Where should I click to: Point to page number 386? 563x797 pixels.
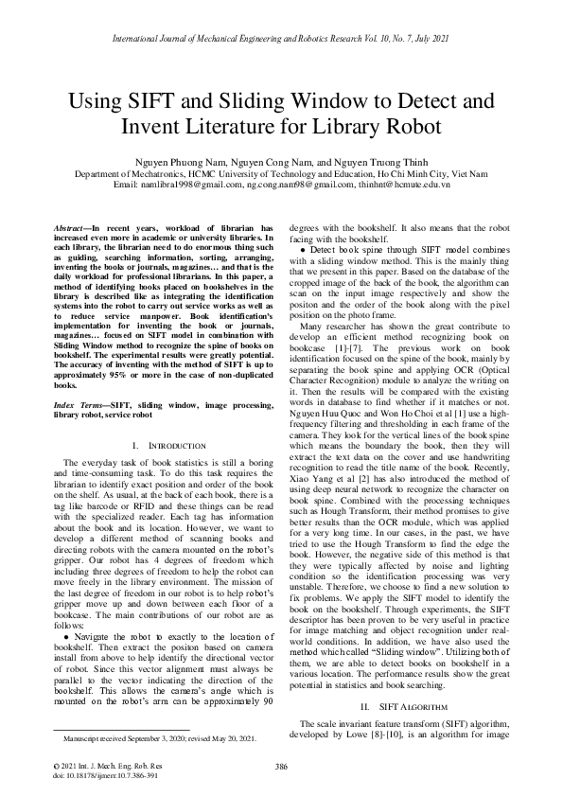click(281, 766)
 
